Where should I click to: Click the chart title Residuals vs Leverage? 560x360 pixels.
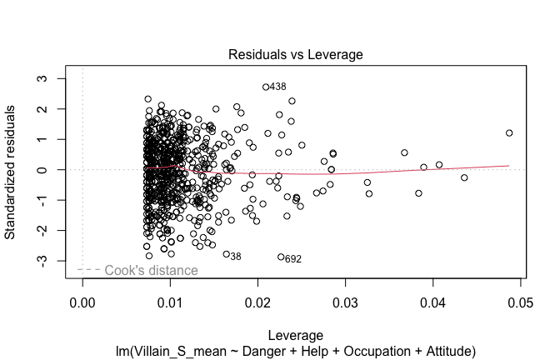click(297, 55)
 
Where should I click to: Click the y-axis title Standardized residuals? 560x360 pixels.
click(12, 173)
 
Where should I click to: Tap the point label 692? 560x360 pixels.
click(293, 259)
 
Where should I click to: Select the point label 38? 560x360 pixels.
click(236, 257)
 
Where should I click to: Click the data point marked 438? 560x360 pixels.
click(266, 87)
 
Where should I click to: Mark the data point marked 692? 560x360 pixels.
click(281, 257)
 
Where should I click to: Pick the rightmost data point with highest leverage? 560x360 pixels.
click(509, 132)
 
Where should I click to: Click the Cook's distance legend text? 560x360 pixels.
click(151, 270)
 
